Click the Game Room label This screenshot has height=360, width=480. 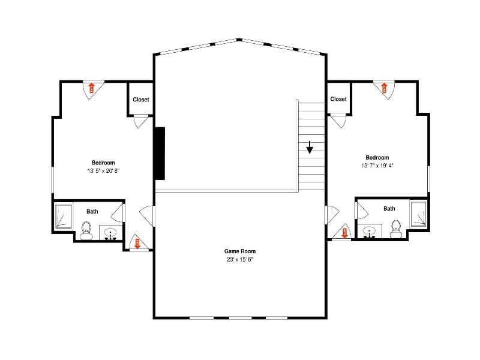click(x=239, y=251)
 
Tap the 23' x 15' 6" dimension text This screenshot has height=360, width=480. click(x=239, y=260)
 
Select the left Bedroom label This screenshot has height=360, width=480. click(x=103, y=163)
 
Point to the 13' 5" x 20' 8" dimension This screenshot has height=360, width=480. click(x=103, y=171)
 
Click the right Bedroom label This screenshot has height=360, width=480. click(x=377, y=158)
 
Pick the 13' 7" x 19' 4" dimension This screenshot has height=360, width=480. click(x=377, y=166)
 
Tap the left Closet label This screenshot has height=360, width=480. click(x=141, y=100)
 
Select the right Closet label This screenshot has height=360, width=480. click(x=338, y=99)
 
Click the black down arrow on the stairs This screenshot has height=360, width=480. click(x=310, y=147)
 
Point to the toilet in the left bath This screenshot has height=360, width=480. click(x=86, y=230)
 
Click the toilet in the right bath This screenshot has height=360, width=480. click(x=396, y=229)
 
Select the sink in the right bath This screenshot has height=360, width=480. click(x=370, y=231)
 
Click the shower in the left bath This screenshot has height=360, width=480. click(x=64, y=217)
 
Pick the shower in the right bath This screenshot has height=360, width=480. click(x=418, y=214)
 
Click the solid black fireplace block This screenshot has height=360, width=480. click(x=160, y=154)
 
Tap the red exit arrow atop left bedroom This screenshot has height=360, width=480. click(x=91, y=88)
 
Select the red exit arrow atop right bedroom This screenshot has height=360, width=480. click(x=384, y=88)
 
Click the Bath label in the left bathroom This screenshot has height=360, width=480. click(x=92, y=212)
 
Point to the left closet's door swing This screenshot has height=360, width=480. click(x=139, y=121)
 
